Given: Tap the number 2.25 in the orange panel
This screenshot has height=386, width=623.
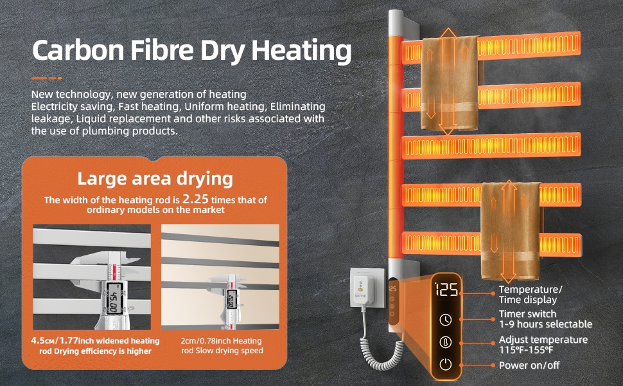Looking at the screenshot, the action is click(195, 199).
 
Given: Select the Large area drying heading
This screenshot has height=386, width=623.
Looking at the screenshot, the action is click(155, 179).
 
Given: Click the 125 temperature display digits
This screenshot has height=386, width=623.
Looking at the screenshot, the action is click(446, 289).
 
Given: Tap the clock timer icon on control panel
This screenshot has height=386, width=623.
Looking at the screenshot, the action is click(445, 320).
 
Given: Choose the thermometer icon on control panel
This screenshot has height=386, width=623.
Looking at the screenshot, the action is click(445, 342).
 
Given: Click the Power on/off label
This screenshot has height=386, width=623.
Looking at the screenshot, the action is click(529, 365).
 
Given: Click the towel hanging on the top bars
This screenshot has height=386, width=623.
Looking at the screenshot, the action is click(450, 84).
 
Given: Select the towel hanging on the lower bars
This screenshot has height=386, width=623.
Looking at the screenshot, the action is click(511, 231).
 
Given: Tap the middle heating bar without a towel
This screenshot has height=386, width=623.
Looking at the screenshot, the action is click(491, 145).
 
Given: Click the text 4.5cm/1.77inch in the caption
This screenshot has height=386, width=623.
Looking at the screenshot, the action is click(55, 341).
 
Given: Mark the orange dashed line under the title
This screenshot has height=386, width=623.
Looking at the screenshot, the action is click(46, 78).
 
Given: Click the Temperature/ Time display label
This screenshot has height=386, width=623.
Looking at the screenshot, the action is click(531, 295).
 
